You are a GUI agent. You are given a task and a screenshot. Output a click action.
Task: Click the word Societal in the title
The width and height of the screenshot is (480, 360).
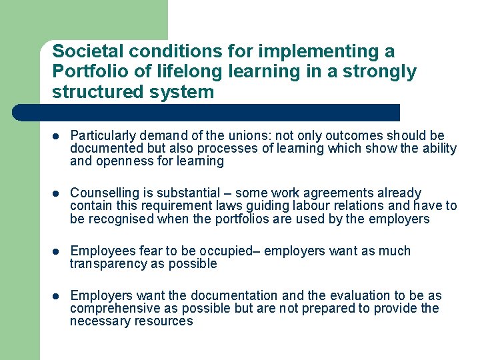pos(83,51)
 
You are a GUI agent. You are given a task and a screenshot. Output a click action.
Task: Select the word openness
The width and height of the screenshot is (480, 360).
pos(125,161)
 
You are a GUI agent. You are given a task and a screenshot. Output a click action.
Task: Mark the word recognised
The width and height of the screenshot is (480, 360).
pos(118,219)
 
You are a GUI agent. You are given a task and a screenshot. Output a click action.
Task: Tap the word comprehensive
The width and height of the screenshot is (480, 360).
pos(111,308)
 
